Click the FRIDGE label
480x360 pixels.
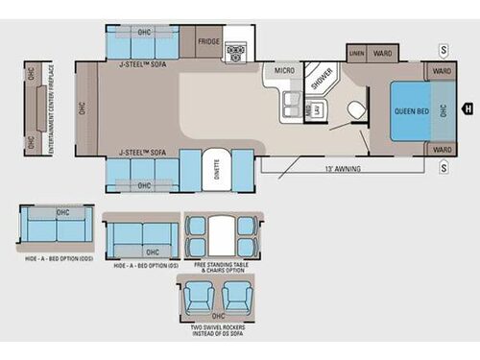coord(209,42)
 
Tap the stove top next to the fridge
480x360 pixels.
coord(234,50)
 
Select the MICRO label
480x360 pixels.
coord(284,70)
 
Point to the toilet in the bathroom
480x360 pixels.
coord(356,108)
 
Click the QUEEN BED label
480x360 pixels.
coord(410,109)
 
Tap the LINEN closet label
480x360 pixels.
coord(357,52)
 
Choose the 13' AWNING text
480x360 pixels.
coord(342,170)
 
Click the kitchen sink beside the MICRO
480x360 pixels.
coord(288,107)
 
